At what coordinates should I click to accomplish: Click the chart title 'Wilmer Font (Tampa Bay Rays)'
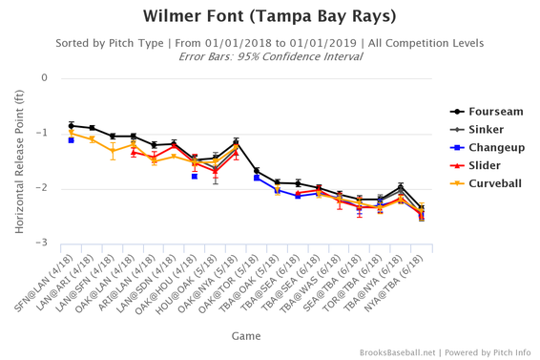(x=270, y=16)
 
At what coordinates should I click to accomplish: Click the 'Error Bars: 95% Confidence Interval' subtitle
(x=270, y=56)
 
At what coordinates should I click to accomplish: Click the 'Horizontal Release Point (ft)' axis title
(x=18, y=159)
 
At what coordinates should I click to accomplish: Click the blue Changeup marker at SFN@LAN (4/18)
(x=72, y=140)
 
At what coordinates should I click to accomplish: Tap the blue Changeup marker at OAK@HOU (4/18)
(x=195, y=177)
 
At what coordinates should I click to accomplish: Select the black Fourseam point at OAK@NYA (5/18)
(x=236, y=142)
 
